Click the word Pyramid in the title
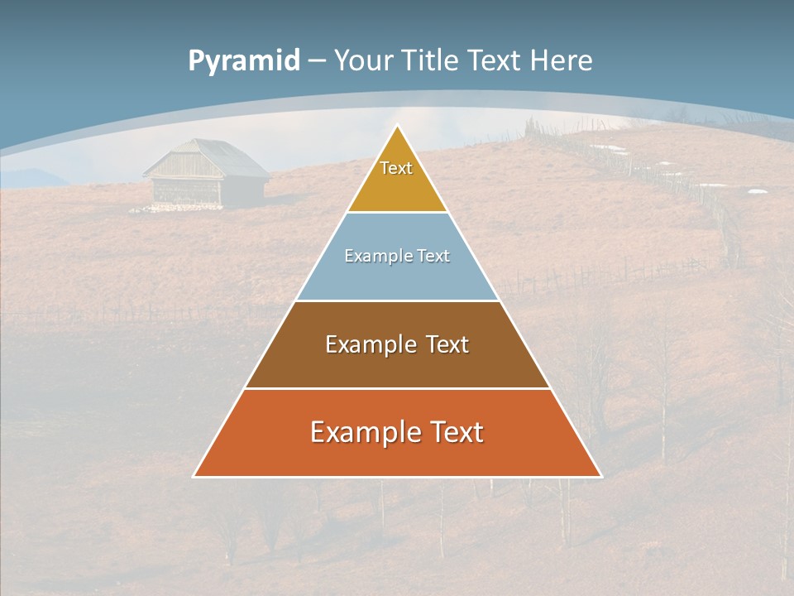point(244,61)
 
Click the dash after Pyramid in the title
point(316,61)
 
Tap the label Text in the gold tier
point(396,168)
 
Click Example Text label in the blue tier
point(397,256)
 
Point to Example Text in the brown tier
point(397,344)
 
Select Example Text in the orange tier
point(397,432)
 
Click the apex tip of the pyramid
point(398,127)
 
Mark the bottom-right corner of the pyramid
point(600,476)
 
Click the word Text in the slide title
point(495,61)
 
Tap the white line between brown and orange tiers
point(397,388)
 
